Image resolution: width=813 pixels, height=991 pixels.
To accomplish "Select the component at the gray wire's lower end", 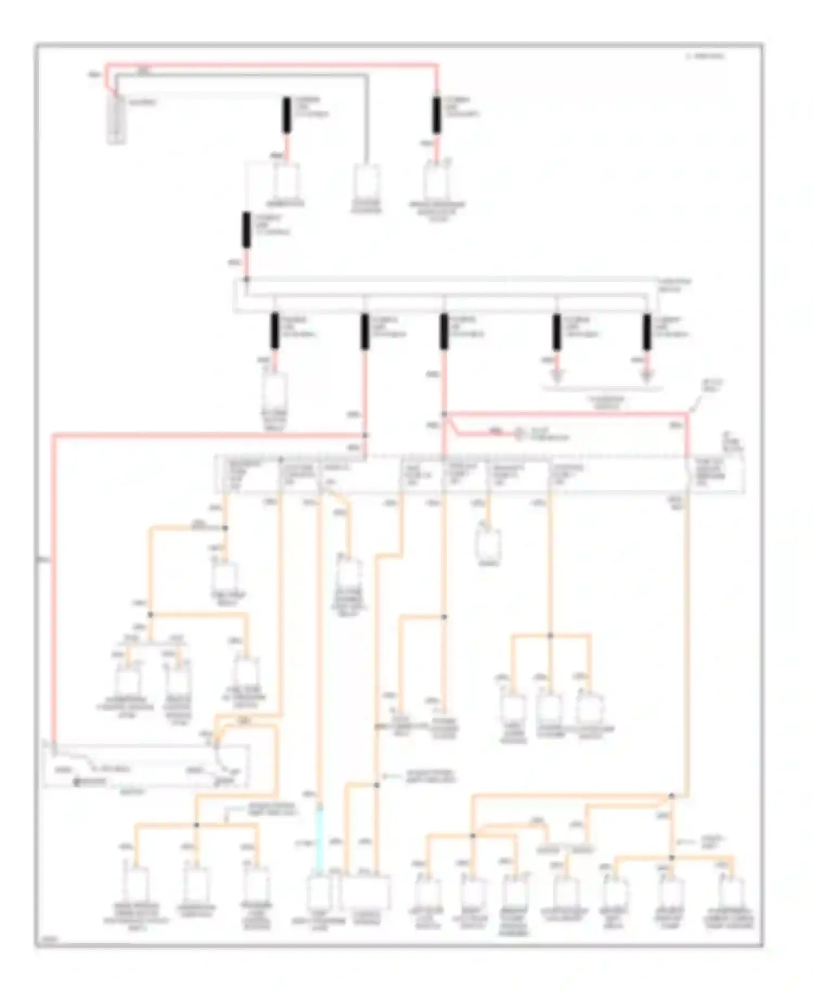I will pos(367,182).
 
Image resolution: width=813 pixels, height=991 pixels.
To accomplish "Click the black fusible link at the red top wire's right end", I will pos(436,115).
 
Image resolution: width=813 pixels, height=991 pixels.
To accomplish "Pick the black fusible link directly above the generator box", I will pos(286,115).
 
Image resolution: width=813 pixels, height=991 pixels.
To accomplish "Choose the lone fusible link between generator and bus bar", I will pos(247,230).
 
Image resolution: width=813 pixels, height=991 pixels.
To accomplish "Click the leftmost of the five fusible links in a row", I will pos(275,331).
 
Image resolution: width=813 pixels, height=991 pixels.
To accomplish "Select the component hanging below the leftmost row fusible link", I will pos(275,391).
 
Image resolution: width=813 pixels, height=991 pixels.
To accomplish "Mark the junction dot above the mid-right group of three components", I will pos(550,635).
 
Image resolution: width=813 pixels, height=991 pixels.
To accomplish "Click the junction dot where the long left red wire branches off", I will pos(365,435).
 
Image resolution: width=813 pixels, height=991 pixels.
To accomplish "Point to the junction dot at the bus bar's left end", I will pos(247,279).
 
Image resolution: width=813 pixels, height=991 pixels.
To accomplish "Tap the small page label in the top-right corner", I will pos(705,56).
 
